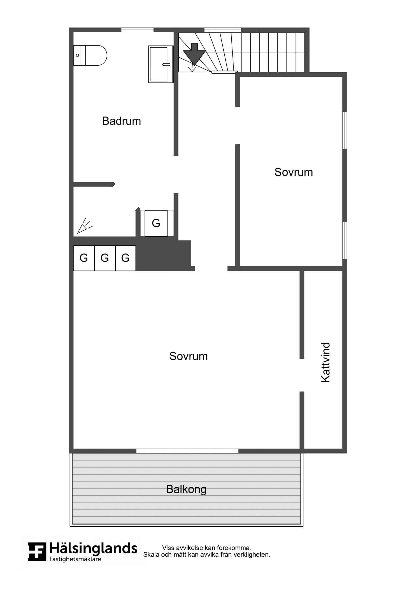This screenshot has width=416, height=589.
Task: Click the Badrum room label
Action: [x=121, y=121]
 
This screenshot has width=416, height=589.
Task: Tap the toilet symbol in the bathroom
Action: [x=90, y=55]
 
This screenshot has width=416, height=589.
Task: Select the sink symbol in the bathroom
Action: [x=161, y=64]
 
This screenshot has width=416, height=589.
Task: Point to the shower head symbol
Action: [x=84, y=226]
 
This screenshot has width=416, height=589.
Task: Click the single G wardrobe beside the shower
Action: [x=156, y=223]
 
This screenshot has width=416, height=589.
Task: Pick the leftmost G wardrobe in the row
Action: [x=84, y=258]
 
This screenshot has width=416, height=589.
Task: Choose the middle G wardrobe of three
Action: [x=105, y=258]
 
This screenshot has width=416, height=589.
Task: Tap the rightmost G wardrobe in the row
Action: [x=125, y=258]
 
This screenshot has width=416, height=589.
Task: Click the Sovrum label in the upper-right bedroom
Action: [x=294, y=172]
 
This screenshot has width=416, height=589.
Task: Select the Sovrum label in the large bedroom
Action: [x=188, y=356]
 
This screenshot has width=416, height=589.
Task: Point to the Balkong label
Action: [x=186, y=489]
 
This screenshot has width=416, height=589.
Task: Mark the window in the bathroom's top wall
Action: [x=137, y=30]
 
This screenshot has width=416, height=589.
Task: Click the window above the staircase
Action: [x=223, y=30]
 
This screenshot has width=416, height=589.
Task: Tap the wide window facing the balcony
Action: [x=187, y=451]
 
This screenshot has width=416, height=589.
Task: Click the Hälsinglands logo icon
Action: [x=37, y=552]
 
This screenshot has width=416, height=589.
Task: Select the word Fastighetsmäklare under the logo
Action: [x=75, y=559]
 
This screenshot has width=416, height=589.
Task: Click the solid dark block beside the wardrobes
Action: [x=164, y=256]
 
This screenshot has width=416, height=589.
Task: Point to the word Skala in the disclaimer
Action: [x=151, y=555]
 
